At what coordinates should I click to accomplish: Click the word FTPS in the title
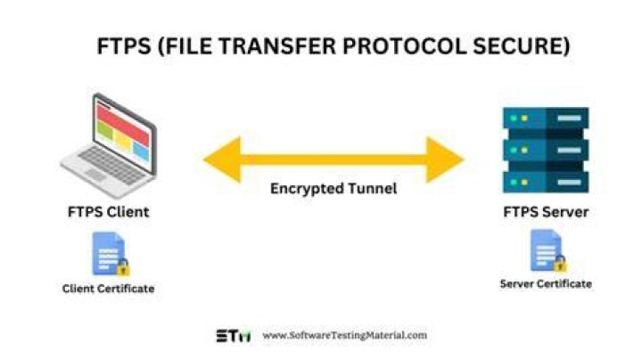[x=124, y=45]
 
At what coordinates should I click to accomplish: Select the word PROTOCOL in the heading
[x=404, y=45]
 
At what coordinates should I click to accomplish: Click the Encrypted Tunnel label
[x=333, y=189]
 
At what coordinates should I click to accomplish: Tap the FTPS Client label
[x=109, y=212]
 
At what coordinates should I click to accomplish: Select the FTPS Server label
[x=546, y=212]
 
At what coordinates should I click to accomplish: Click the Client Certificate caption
[x=108, y=289]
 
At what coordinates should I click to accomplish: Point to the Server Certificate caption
[x=546, y=283]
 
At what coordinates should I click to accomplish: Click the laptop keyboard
[x=111, y=165]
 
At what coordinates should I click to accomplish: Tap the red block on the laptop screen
[x=123, y=122]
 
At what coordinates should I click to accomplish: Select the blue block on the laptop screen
[x=141, y=151]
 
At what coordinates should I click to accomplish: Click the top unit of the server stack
[x=546, y=119]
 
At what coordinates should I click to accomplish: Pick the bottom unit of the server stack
[x=546, y=182]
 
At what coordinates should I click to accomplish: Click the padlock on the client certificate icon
[x=123, y=267]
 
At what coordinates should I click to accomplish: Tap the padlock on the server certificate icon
[x=560, y=263]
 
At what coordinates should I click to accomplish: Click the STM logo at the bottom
[x=234, y=336]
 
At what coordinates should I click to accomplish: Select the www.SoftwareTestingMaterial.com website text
[x=344, y=335]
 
